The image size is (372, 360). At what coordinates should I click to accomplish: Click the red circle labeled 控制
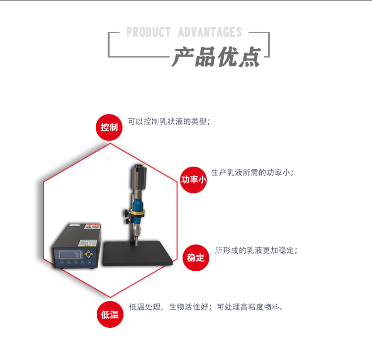(109, 127)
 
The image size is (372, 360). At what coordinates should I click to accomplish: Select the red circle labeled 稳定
(196, 257)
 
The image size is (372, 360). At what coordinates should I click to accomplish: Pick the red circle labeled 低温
(110, 314)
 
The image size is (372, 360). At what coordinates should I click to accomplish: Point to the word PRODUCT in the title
(149, 33)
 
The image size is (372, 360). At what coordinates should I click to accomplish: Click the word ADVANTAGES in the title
(210, 33)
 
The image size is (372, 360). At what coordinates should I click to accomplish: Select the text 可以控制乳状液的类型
(169, 121)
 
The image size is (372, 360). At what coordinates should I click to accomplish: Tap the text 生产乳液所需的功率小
(252, 173)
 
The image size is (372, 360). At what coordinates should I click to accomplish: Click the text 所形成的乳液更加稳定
(256, 250)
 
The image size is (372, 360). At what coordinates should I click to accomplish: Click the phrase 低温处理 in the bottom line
(145, 307)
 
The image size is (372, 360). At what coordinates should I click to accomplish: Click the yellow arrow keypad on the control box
(88, 255)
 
